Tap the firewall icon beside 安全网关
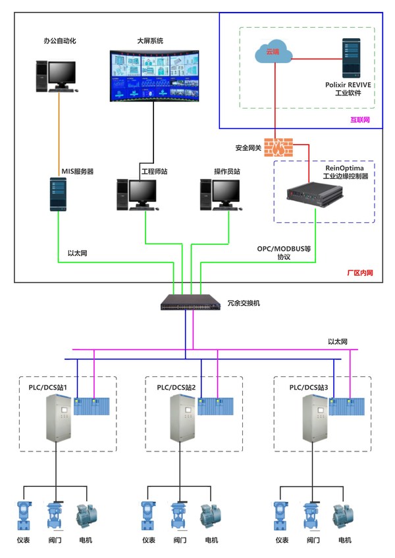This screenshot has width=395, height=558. click(280, 146)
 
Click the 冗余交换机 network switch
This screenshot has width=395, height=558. click(191, 303)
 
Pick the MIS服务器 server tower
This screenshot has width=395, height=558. click(57, 193)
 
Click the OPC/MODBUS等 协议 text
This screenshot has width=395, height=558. click(284, 253)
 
